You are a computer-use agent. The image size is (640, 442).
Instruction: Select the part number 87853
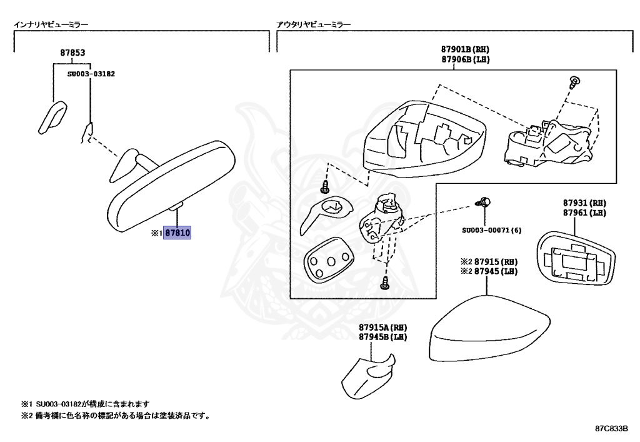pyautogui.click(x=72, y=53)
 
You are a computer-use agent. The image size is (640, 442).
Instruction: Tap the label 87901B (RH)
pyautogui.click(x=464, y=49)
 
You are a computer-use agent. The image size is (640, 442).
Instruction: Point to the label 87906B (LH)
pyautogui.click(x=464, y=59)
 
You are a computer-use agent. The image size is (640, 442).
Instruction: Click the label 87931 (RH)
pyautogui.click(x=584, y=204)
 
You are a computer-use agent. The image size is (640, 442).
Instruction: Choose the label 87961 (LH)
pyautogui.click(x=584, y=213)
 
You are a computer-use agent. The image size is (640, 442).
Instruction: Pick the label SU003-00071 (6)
pyautogui.click(x=491, y=230)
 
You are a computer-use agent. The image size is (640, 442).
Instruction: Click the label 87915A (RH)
pyautogui.click(x=383, y=328)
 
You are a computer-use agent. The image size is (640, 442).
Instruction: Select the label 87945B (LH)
pyautogui.click(x=383, y=337)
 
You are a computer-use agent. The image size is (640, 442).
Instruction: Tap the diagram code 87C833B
pyautogui.click(x=611, y=429)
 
